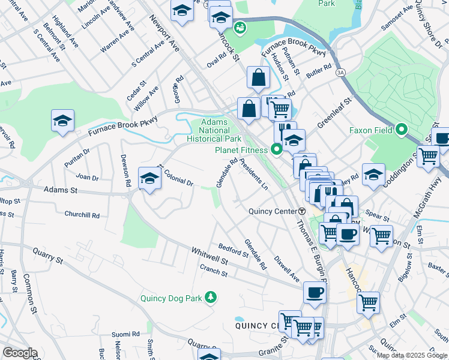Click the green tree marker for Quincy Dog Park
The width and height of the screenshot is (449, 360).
(210, 297)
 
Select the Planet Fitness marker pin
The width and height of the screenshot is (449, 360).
(277, 149)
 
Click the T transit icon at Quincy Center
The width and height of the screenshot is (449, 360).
(302, 211)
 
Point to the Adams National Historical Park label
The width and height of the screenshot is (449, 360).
(219, 130)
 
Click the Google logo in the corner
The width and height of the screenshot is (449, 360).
(19, 353)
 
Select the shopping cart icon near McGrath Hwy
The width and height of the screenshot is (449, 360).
(428, 156)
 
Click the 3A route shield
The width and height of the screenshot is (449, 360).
(340, 71)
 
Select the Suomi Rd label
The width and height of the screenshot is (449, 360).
(125, 334)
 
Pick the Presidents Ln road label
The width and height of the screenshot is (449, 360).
(253, 174)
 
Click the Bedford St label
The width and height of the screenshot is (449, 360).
(233, 250)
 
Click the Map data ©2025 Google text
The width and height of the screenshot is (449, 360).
(412, 355)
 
